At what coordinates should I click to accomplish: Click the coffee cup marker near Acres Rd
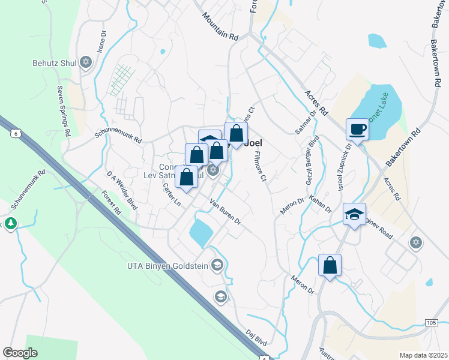[358, 129]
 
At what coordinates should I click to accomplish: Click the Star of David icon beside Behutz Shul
[85, 62]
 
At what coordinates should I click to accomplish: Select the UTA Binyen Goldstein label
[167, 265]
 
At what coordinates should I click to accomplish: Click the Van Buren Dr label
[225, 212]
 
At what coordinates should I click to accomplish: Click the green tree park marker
[11, 224]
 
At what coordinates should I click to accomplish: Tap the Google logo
[20, 352]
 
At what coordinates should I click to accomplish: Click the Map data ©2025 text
[424, 355]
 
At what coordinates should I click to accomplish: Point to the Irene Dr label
[103, 40]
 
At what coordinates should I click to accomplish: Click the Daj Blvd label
[256, 335]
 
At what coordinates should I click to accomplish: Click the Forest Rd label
[112, 205]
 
